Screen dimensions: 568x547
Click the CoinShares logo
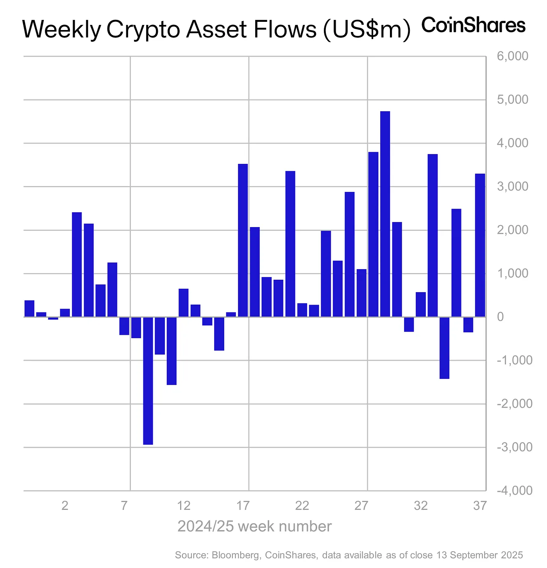473,25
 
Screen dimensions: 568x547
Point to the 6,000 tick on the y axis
512,56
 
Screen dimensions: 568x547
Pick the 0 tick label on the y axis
500,317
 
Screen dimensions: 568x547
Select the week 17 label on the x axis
243,506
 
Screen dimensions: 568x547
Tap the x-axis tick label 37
480,506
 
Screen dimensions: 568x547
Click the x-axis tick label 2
65,506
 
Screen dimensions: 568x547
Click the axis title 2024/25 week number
254,527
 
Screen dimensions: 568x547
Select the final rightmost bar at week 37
480,245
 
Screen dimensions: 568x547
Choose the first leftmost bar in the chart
29,309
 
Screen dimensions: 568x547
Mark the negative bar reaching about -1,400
444,348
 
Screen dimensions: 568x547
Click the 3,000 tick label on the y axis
512,186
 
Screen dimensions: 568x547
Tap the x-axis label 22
302,506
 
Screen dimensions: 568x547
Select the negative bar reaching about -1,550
172,351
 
